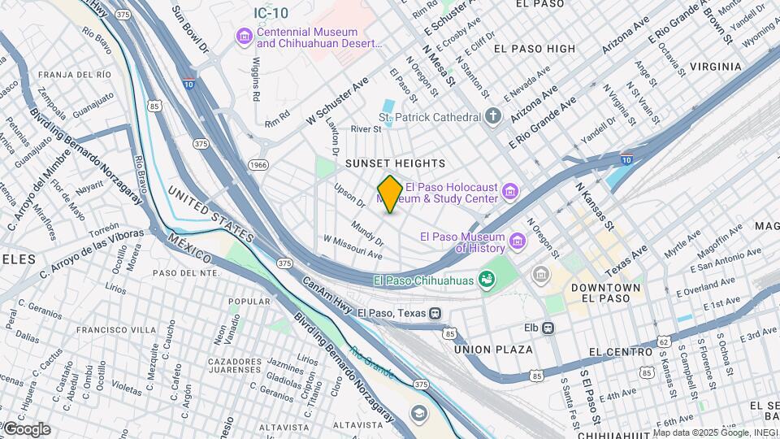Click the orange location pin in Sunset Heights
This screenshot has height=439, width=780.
tap(390, 194)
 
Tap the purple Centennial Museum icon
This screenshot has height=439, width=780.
tap(244, 37)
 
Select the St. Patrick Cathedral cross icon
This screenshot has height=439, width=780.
tap(493, 117)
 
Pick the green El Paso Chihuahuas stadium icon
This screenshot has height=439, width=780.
tap(487, 280)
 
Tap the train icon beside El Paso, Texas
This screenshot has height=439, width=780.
tap(435, 312)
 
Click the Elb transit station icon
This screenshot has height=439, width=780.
tap(548, 328)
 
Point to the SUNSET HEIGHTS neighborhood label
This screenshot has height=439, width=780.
tap(396, 163)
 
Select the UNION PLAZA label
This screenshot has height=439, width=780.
tap(493, 350)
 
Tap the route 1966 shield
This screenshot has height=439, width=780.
tap(258, 165)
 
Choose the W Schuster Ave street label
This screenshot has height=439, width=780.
tap(338, 102)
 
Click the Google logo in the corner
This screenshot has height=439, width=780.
tap(26, 429)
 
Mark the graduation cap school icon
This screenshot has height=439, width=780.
tap(418, 413)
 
